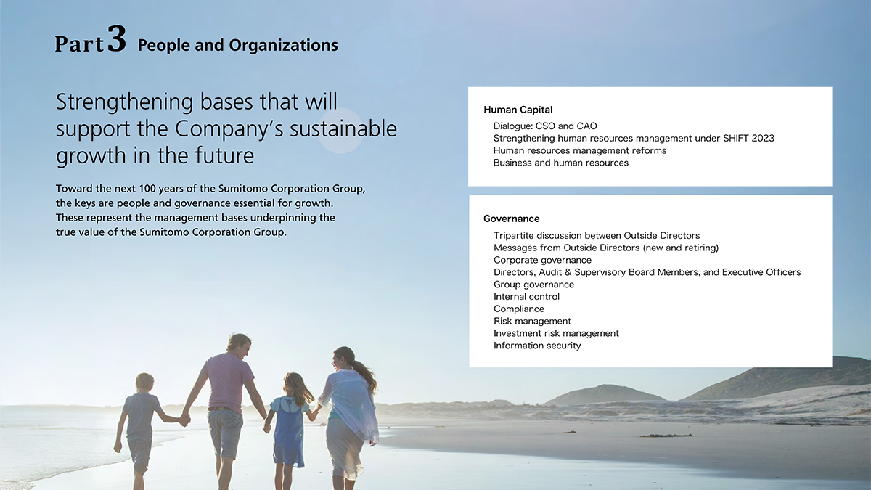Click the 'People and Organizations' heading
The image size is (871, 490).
click(x=238, y=45)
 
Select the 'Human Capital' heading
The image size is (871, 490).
click(x=518, y=110)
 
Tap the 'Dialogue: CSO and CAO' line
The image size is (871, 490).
click(x=545, y=126)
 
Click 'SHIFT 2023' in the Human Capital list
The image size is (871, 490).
click(x=748, y=138)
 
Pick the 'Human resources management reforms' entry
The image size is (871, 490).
click(x=580, y=150)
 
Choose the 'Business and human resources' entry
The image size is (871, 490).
click(x=560, y=163)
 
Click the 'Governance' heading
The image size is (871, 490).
click(x=511, y=219)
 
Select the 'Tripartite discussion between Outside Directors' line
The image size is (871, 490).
click(x=597, y=236)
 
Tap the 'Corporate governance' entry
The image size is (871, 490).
click(x=542, y=260)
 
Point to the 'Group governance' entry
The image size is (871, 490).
click(x=534, y=285)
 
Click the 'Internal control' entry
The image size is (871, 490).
click(x=526, y=297)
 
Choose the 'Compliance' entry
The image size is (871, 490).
click(x=519, y=309)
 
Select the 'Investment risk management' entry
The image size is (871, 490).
click(x=556, y=333)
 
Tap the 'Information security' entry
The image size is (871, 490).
click(x=537, y=346)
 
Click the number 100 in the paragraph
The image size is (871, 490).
click(x=147, y=189)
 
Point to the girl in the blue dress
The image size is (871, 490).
click(x=290, y=420)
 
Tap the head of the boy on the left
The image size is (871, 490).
click(x=144, y=383)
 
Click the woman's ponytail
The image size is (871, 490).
click(x=366, y=374)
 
